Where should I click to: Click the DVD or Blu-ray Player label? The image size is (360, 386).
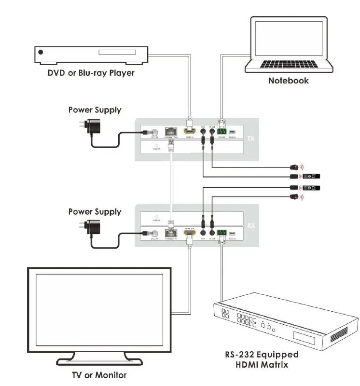tap(91, 73)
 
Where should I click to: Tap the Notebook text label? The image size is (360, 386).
tap(288, 81)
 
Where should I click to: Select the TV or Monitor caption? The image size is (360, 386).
tap(98, 374)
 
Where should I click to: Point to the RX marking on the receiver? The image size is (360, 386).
tap(250, 225)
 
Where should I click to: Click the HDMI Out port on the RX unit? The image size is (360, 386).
tap(190, 234)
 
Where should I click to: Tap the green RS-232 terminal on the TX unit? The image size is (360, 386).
tap(222, 131)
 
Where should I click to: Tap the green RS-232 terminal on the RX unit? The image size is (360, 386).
tap(222, 234)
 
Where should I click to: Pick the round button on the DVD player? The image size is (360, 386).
tap(41, 52)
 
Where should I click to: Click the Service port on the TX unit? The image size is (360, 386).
tap(232, 132)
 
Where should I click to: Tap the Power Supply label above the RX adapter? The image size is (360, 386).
tap(95, 211)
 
